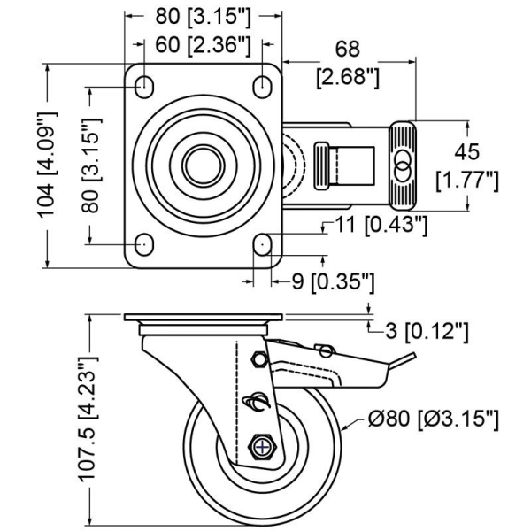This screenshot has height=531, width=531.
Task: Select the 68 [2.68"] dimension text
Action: point(348,62)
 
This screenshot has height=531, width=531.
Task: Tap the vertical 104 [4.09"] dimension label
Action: point(51,165)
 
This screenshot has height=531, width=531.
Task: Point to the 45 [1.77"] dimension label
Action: point(468,165)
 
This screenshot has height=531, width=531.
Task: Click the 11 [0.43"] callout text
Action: point(381,227)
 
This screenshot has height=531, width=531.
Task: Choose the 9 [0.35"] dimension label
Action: point(334,281)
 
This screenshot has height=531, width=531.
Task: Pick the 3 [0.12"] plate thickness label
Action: point(426,333)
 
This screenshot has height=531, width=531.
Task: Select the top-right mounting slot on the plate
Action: point(262,86)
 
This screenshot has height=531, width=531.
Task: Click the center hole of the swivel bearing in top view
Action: point(203,165)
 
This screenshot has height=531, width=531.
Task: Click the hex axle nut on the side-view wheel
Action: point(263,447)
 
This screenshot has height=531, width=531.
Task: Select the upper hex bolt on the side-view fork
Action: point(259,360)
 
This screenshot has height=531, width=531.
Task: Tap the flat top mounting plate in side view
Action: point(203,319)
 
